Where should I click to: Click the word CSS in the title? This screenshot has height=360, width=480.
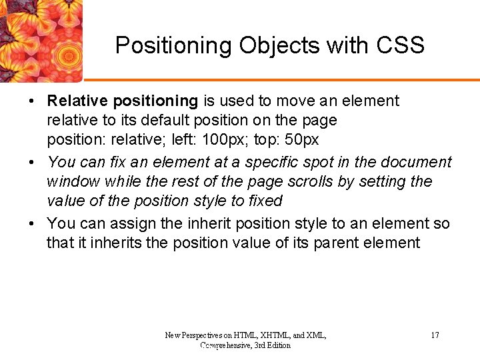pos(399,45)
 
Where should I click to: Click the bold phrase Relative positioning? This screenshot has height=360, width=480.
pos(123,101)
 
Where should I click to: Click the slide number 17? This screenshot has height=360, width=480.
pos(435,335)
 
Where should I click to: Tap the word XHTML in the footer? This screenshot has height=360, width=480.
pos(271,335)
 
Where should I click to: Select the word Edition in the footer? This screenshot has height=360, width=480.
pos(276,345)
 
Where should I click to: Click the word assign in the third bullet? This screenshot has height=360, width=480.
pos(125,223)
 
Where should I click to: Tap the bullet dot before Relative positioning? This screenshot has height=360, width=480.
pos(32,102)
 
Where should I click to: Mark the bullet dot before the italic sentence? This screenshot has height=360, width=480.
pos(32,163)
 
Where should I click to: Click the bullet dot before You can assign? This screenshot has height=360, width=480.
pos(32,224)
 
